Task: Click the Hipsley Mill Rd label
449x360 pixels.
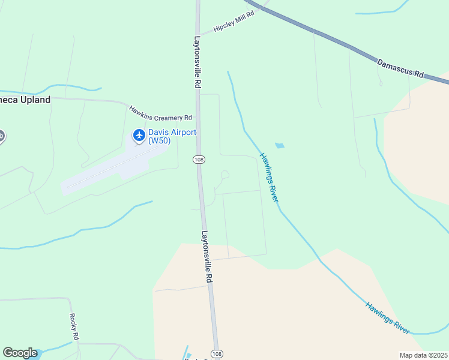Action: (x=235, y=22)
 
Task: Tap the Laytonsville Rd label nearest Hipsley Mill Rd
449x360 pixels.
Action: (x=197, y=63)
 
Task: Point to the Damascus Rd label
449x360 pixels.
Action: (x=400, y=67)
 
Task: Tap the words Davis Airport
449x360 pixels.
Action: (x=172, y=133)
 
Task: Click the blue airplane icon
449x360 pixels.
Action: (x=139, y=136)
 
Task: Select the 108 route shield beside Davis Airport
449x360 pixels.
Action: (x=199, y=159)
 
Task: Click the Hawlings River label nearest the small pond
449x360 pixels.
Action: (x=270, y=177)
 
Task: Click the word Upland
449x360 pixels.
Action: (x=34, y=100)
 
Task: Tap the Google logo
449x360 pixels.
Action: (x=20, y=353)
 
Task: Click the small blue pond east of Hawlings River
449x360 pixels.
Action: (x=279, y=145)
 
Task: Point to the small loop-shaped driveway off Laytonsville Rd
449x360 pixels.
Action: (x=224, y=175)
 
